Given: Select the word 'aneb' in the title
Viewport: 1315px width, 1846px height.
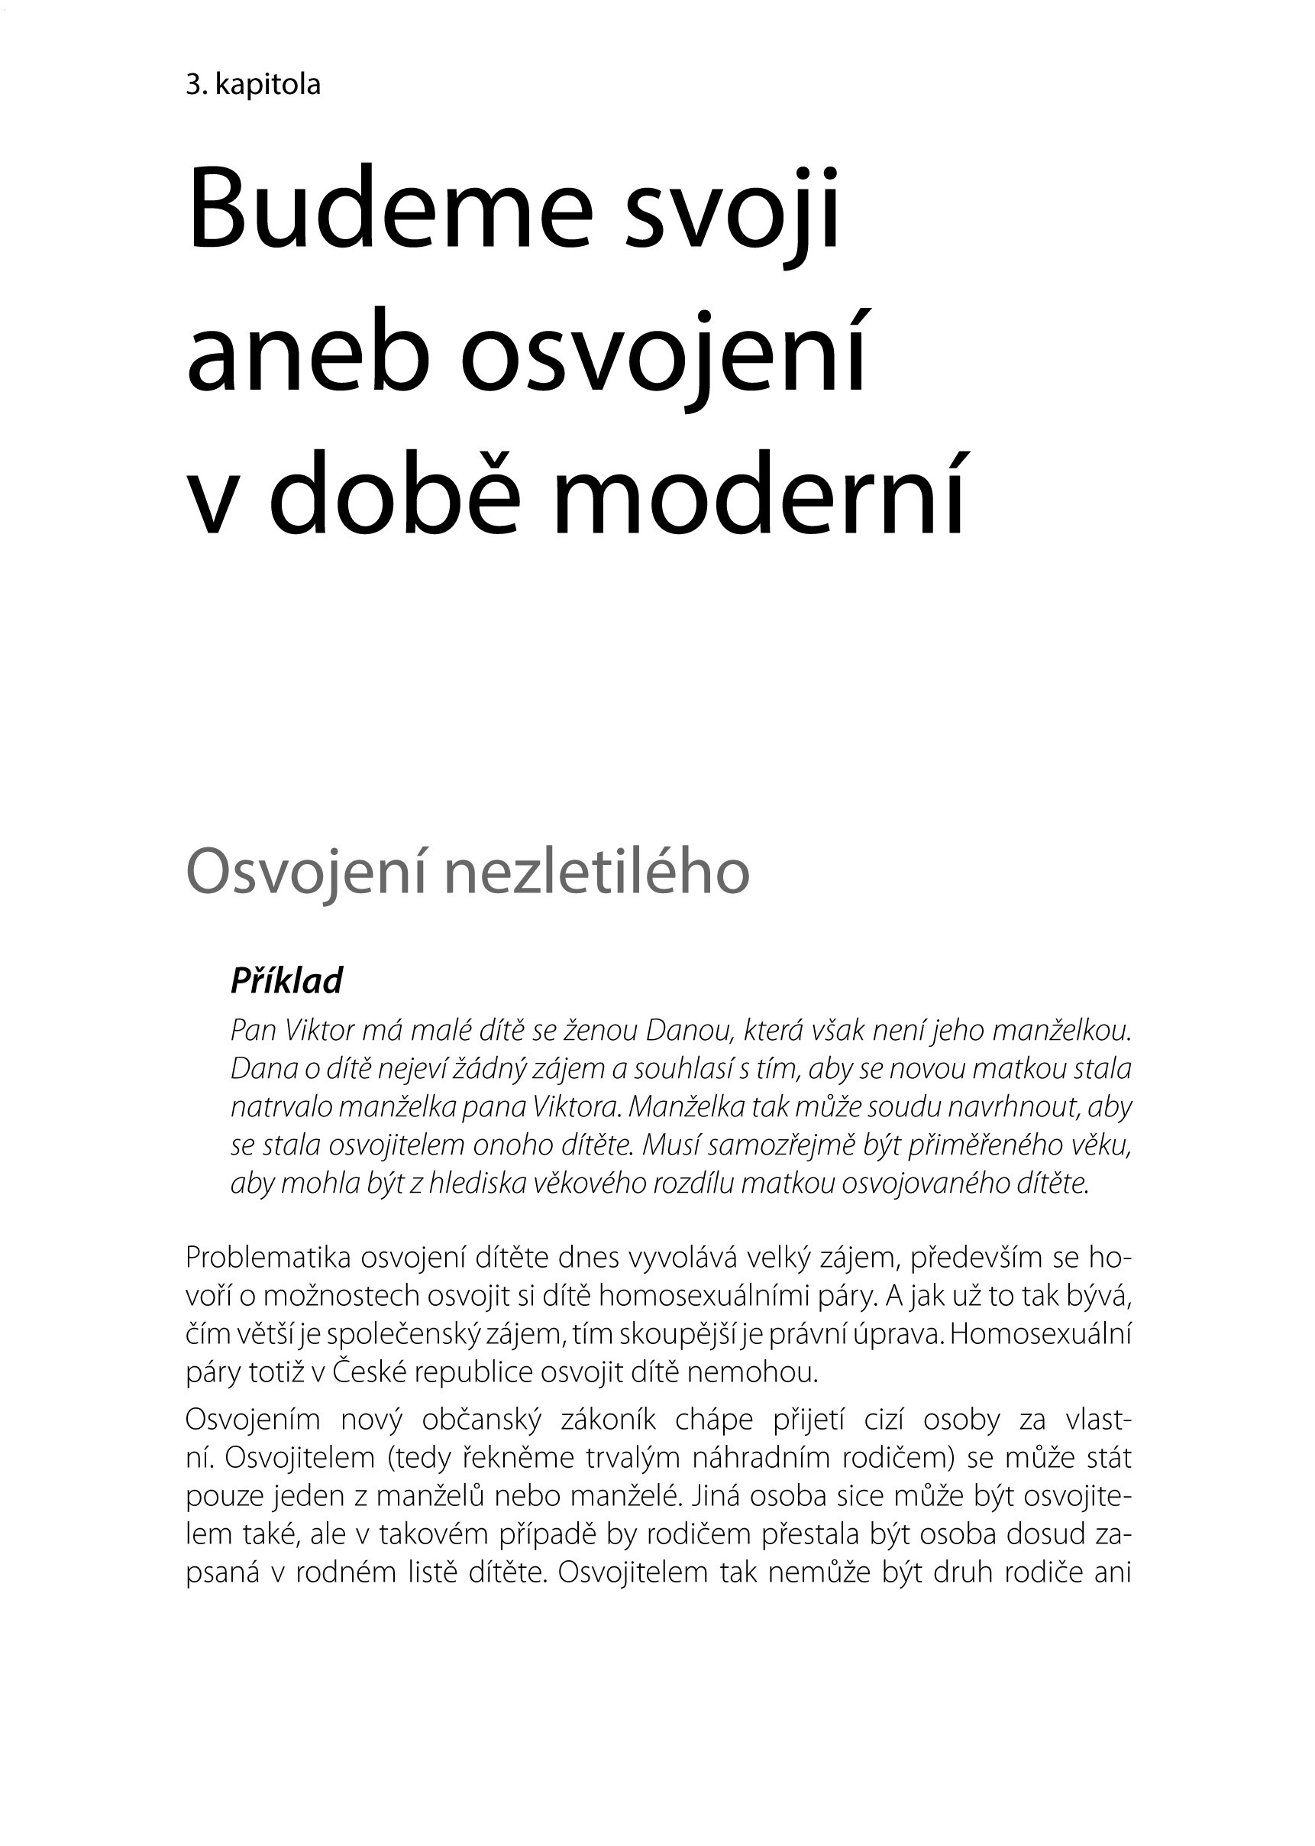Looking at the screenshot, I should tap(308, 356).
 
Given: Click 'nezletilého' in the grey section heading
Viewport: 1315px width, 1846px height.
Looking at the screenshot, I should tap(599, 873).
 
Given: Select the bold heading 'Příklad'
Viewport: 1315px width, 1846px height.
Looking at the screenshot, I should tap(286, 981).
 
